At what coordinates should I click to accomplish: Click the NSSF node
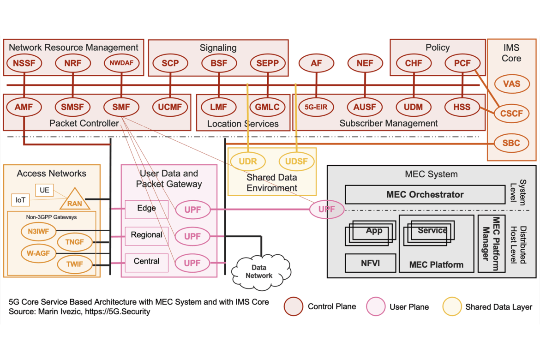click(x=24, y=64)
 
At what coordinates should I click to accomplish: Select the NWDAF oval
click(x=121, y=64)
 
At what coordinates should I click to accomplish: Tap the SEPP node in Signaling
click(x=267, y=64)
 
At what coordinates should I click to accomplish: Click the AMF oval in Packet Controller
click(x=24, y=107)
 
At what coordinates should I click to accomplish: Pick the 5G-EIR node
click(x=316, y=107)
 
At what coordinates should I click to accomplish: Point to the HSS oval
click(x=462, y=107)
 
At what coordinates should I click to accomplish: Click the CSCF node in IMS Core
click(x=511, y=114)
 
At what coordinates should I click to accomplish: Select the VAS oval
click(x=511, y=84)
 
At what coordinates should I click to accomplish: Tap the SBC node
click(x=511, y=143)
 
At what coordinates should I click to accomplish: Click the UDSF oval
click(x=296, y=162)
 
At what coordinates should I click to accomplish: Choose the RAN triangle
click(x=74, y=200)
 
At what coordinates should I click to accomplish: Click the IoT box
click(x=20, y=200)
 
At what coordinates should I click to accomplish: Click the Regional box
click(x=146, y=235)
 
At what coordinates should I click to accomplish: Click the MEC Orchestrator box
click(x=425, y=195)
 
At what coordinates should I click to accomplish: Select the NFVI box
click(x=370, y=263)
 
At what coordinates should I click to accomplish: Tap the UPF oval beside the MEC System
click(x=326, y=210)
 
